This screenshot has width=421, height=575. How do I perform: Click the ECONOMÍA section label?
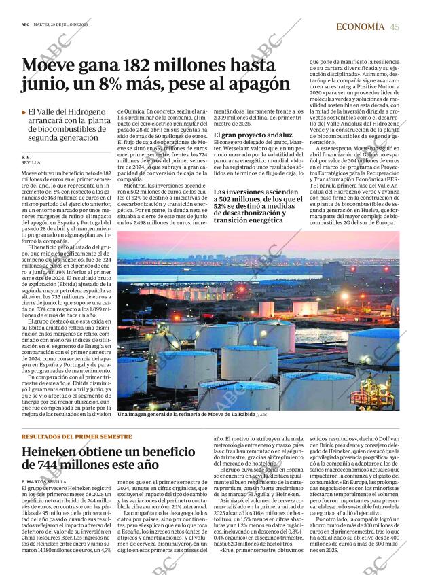(361, 27)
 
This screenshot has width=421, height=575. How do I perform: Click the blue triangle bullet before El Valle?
(24, 112)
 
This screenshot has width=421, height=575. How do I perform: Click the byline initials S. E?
(26, 157)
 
